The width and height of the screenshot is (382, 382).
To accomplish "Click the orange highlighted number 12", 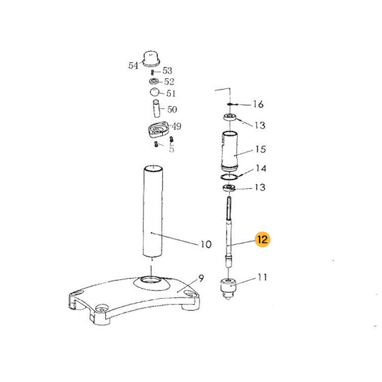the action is click(262, 239).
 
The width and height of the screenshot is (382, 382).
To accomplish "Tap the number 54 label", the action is click(133, 65).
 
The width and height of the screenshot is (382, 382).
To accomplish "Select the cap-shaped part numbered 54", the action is click(151, 58).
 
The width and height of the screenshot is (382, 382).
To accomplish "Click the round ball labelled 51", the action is click(154, 92).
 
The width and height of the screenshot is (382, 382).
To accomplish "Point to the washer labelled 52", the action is click(154, 81).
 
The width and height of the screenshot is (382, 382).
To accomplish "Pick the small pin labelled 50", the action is click(156, 108).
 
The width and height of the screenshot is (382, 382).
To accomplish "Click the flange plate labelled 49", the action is click(158, 129).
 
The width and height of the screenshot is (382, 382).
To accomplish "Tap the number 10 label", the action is click(206, 244).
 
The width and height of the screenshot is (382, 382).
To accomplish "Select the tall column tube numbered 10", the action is click(153, 211).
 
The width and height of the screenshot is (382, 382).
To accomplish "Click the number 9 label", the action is click(201, 278).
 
